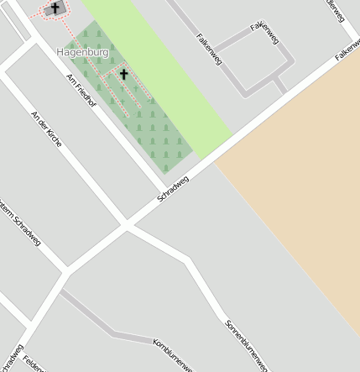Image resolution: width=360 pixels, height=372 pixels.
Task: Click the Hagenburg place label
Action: point(83,52)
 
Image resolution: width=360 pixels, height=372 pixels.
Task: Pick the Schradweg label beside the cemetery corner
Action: point(174,188)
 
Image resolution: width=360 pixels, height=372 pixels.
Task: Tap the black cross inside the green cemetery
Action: point(124,75)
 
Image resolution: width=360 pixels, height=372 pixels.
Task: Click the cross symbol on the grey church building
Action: point(55,8)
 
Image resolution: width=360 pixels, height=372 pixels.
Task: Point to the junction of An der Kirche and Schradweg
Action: point(126,224)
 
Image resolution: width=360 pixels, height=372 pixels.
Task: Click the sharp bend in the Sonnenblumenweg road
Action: point(186,260)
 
